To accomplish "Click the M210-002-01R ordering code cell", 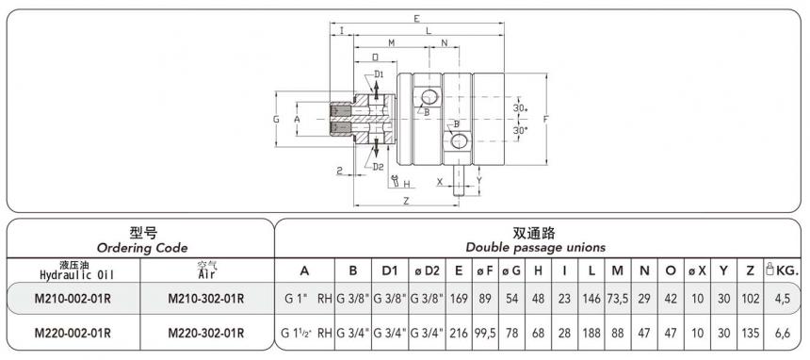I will tap(73, 300).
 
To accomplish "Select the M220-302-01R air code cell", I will tap(206, 332).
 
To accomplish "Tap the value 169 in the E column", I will tap(459, 300).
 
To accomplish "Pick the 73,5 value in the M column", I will tap(617, 300).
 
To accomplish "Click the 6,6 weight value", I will tap(782, 332).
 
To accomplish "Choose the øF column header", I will tap(485, 270).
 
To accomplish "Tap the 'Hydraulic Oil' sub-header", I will tap(73, 274).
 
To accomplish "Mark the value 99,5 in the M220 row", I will tap(485, 332).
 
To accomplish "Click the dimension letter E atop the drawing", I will tap(416, 18).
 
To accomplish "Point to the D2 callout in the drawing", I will tap(378, 167).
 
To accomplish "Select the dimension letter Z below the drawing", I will tap(405, 201).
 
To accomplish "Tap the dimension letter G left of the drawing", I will tap(276, 120).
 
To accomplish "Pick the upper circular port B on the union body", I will tap(429, 97).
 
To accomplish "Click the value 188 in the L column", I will tap(591, 332).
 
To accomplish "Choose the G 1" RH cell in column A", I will tap(304, 300).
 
